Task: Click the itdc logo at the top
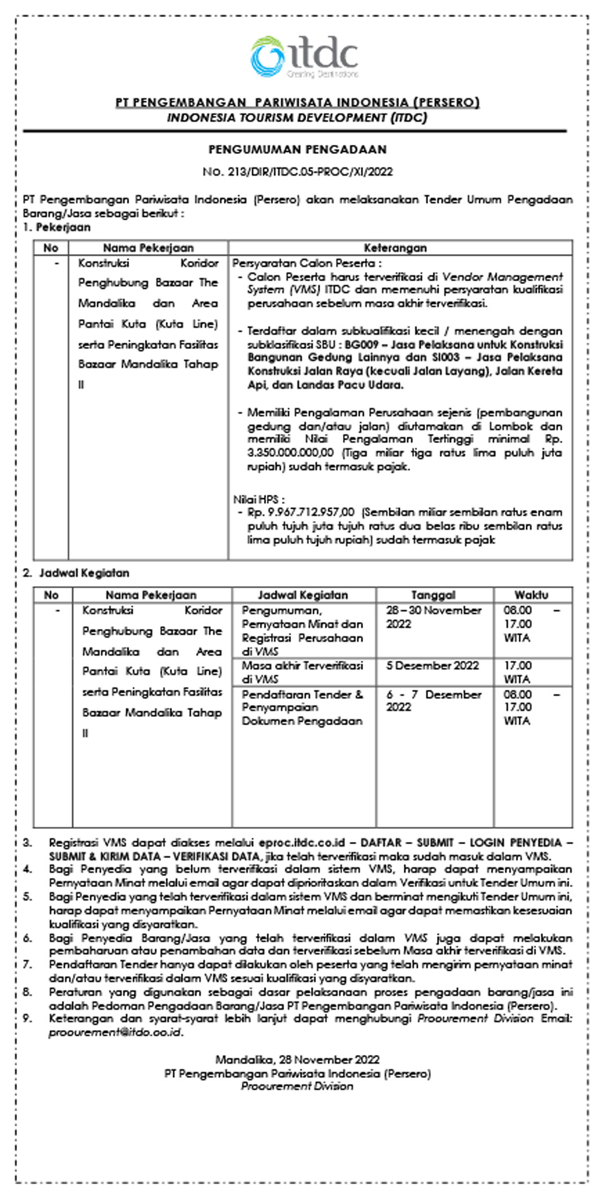[x=304, y=57]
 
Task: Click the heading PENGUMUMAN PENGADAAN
[x=298, y=150]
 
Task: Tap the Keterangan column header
[x=395, y=248]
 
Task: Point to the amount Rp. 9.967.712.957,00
[x=301, y=512]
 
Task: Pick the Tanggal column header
[x=433, y=595]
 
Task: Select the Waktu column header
[x=531, y=595]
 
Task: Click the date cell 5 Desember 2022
[x=433, y=666]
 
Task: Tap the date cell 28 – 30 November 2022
[x=433, y=617]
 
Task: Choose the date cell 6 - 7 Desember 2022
[x=433, y=700]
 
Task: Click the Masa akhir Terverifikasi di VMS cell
[x=302, y=672]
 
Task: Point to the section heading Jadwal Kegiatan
[x=83, y=573]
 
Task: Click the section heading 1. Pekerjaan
[x=57, y=228]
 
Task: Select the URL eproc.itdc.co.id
[x=302, y=843]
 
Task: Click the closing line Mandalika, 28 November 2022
[x=297, y=1060]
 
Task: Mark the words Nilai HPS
[x=258, y=499]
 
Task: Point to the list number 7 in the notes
[x=28, y=965]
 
